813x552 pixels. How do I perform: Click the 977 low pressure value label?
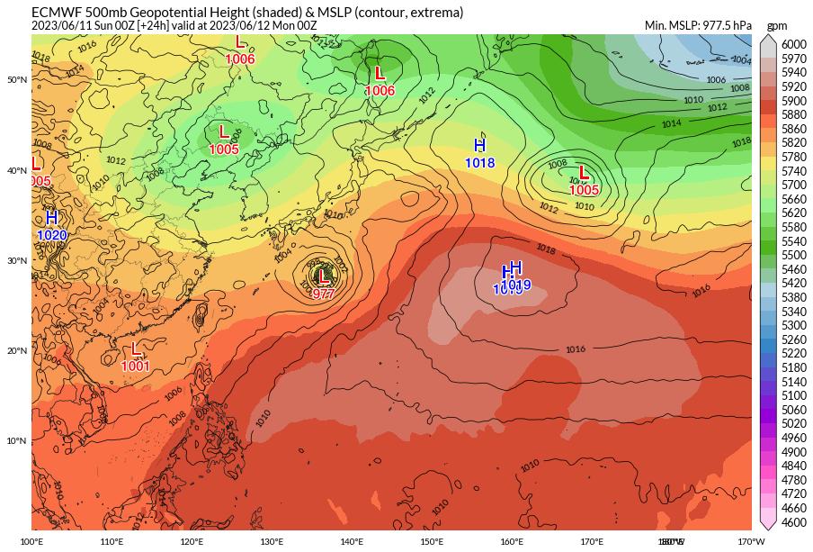click(323, 294)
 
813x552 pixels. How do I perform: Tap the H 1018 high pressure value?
click(479, 163)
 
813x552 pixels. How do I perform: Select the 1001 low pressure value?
click(135, 366)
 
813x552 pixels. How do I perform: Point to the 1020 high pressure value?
click(52, 235)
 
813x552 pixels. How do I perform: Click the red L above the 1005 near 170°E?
click(584, 173)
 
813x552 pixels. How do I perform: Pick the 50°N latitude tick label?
click(17, 80)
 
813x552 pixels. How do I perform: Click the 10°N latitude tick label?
click(17, 440)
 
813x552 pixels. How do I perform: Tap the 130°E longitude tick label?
click(272, 541)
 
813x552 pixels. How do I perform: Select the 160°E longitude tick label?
click(512, 541)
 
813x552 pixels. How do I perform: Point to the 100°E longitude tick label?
click(31, 541)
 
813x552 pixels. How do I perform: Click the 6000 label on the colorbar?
click(793, 44)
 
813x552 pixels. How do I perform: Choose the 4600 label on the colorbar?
click(793, 521)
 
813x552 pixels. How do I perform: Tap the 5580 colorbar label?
click(793, 227)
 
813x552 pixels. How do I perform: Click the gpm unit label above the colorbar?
click(776, 26)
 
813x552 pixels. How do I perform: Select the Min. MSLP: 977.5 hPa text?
click(698, 25)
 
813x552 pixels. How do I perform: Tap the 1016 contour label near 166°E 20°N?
click(576, 349)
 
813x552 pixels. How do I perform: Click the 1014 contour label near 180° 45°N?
click(671, 123)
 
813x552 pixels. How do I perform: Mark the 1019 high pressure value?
click(515, 285)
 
